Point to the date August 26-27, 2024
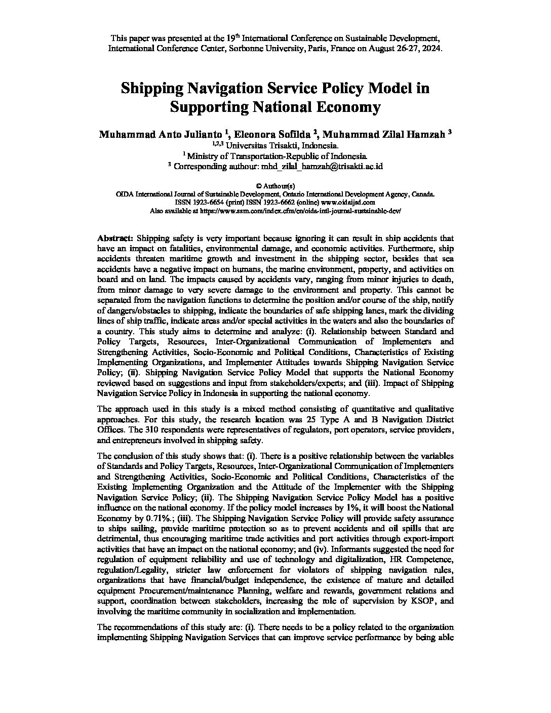pos(404,49)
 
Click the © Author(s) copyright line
pos(275,186)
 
